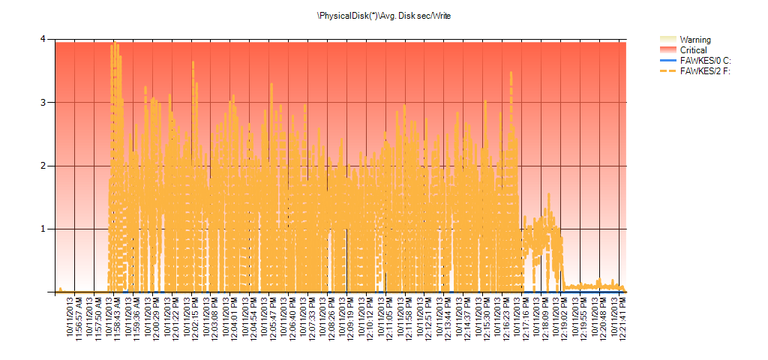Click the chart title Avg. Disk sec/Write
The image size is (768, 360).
[384, 15]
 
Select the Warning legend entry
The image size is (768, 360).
[694, 40]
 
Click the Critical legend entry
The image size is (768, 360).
[692, 50]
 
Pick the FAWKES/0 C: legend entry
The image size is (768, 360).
[704, 61]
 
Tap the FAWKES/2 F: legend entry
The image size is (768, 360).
[704, 71]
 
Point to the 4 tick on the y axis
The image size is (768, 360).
[43, 39]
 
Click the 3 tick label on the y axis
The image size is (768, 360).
[43, 102]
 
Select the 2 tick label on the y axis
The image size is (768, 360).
[43, 166]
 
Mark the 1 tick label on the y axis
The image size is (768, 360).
[43, 229]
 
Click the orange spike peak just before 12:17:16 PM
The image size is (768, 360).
[511, 73]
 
